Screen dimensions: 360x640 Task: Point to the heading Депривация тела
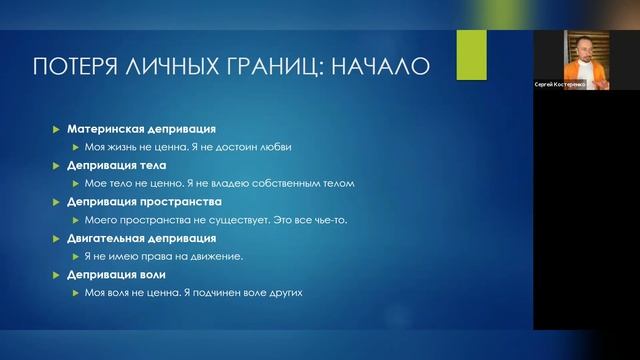(x=117, y=165)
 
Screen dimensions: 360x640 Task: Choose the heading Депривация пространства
(x=139, y=201)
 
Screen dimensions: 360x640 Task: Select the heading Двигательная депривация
(x=141, y=238)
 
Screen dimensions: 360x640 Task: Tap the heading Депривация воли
(x=116, y=274)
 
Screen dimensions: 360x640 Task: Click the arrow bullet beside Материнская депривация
(x=57, y=129)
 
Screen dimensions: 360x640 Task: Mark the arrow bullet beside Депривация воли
(x=57, y=274)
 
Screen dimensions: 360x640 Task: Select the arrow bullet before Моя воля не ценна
(x=74, y=292)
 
